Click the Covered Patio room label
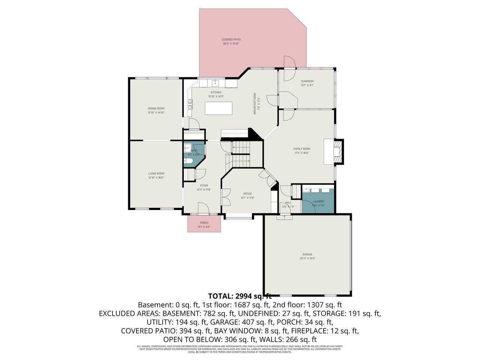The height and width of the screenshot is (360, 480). (231, 39)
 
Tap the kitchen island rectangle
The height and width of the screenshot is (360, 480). (219, 108)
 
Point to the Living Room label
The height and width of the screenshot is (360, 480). (156, 173)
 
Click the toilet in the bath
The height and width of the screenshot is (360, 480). (188, 161)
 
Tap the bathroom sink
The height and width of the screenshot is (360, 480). (188, 148)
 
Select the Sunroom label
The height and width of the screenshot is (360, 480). (307, 81)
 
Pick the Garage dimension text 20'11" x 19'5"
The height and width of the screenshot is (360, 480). (307, 258)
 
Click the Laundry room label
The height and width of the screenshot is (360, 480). (318, 201)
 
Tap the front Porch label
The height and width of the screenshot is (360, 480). (204, 223)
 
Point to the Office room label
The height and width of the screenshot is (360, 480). (247, 193)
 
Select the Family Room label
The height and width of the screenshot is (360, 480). (301, 149)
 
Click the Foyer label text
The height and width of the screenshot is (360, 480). (204, 185)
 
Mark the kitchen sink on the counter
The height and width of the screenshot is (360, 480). (216, 82)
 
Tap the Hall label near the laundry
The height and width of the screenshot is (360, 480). (288, 202)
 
